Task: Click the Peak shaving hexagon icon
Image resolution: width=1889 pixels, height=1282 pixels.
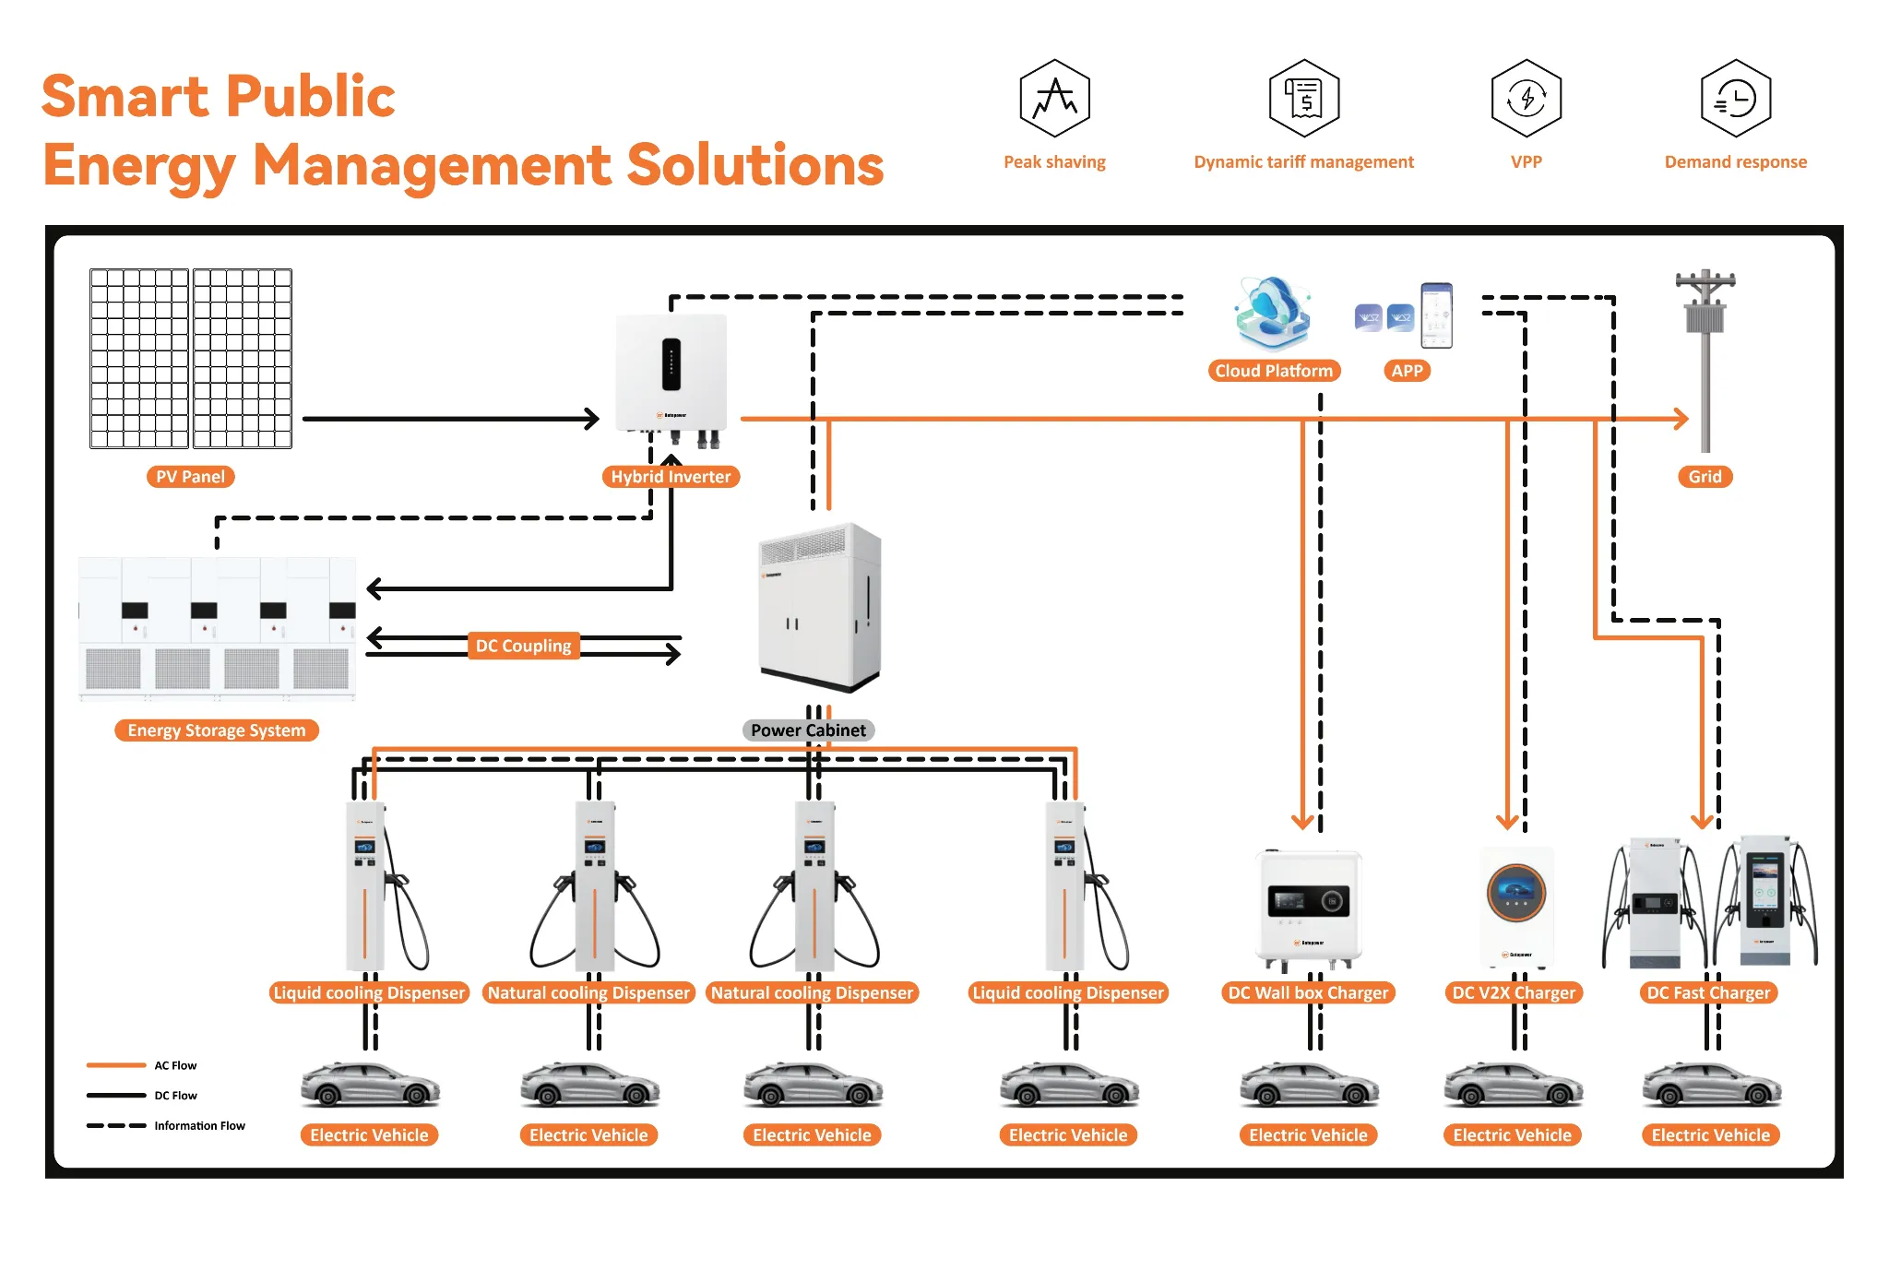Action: tap(1054, 99)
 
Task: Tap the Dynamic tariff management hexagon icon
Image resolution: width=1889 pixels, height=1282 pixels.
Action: tap(1303, 99)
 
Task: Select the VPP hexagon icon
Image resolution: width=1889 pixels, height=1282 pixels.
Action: tap(1526, 99)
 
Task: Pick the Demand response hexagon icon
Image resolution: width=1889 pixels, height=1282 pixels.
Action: tap(1735, 99)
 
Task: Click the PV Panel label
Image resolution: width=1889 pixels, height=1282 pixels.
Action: tap(190, 477)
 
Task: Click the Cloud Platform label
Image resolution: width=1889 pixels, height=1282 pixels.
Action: tap(1274, 371)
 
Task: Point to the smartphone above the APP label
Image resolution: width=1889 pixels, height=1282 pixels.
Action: tap(1436, 315)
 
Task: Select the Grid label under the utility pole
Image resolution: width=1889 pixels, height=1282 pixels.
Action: tap(1705, 477)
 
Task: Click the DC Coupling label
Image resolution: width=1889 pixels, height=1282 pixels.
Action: tap(523, 646)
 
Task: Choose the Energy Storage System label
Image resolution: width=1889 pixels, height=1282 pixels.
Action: tap(216, 730)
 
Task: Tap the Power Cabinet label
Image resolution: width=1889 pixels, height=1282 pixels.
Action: tap(808, 730)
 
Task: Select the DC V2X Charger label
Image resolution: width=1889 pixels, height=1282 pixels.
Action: tap(1514, 993)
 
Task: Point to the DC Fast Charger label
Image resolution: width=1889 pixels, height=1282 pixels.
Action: tap(1708, 993)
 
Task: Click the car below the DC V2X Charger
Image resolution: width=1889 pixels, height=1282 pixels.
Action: tap(1513, 1086)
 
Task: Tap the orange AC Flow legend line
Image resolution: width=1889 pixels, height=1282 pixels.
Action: tap(116, 1065)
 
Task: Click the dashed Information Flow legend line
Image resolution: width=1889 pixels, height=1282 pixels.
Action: tap(116, 1126)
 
